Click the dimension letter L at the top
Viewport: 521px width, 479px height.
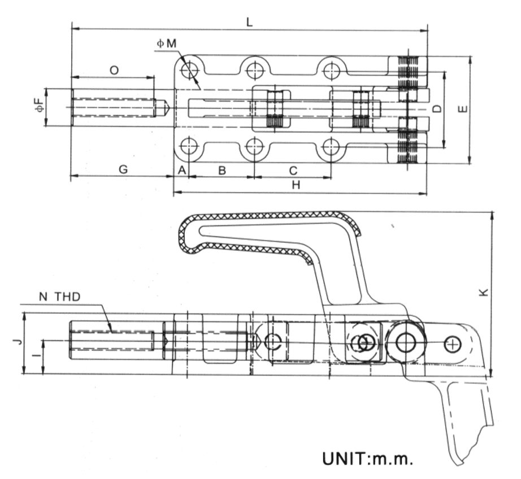coord(249,21)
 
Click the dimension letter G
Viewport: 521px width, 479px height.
coord(123,169)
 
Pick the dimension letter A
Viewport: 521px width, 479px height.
coord(181,169)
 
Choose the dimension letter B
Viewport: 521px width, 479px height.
coord(222,169)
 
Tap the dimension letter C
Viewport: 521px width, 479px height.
coord(293,169)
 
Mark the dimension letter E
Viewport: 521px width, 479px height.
coord(463,108)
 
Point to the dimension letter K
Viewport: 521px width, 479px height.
coord(483,291)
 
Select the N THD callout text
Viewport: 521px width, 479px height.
coord(60,296)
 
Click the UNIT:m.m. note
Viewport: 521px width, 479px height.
coord(368,458)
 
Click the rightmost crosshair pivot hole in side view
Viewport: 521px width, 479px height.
coord(453,343)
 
